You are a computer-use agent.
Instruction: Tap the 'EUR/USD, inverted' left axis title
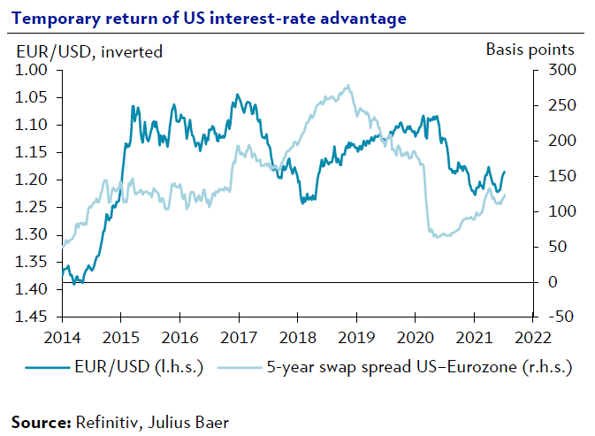[89, 51]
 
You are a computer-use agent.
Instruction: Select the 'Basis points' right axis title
[530, 50]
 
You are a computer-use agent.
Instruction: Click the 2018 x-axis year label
[297, 337]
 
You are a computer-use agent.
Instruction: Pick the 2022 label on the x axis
[532, 337]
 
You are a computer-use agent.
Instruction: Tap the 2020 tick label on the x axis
[415, 337]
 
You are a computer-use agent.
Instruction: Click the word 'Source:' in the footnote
[41, 423]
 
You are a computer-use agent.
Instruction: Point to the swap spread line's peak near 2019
[348, 86]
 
